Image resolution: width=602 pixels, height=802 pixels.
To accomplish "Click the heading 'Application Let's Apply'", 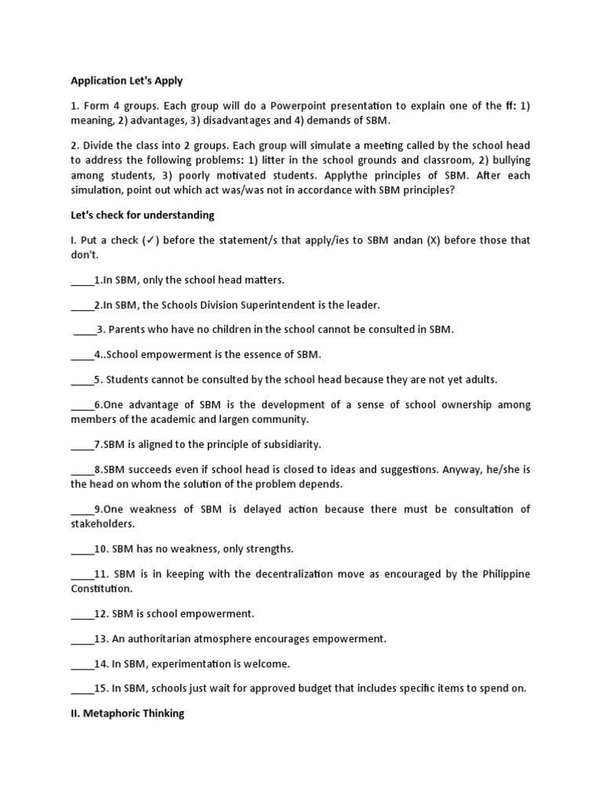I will pos(126,81).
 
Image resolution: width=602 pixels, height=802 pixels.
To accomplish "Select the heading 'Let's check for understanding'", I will pos(142,215).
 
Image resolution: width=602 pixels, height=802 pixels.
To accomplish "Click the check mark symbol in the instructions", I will pos(150,240).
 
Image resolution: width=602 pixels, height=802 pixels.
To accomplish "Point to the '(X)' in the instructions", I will pos(436,240).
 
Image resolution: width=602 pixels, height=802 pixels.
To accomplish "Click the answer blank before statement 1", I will pos(82,280).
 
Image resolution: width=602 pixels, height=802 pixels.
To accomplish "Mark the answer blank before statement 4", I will pos(82,355).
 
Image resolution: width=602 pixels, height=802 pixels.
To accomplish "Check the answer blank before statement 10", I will pos(82,549).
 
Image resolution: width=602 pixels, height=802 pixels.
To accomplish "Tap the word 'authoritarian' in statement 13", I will pos(165,639).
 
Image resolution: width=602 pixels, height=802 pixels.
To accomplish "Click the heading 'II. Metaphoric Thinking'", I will pos(128,714).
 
